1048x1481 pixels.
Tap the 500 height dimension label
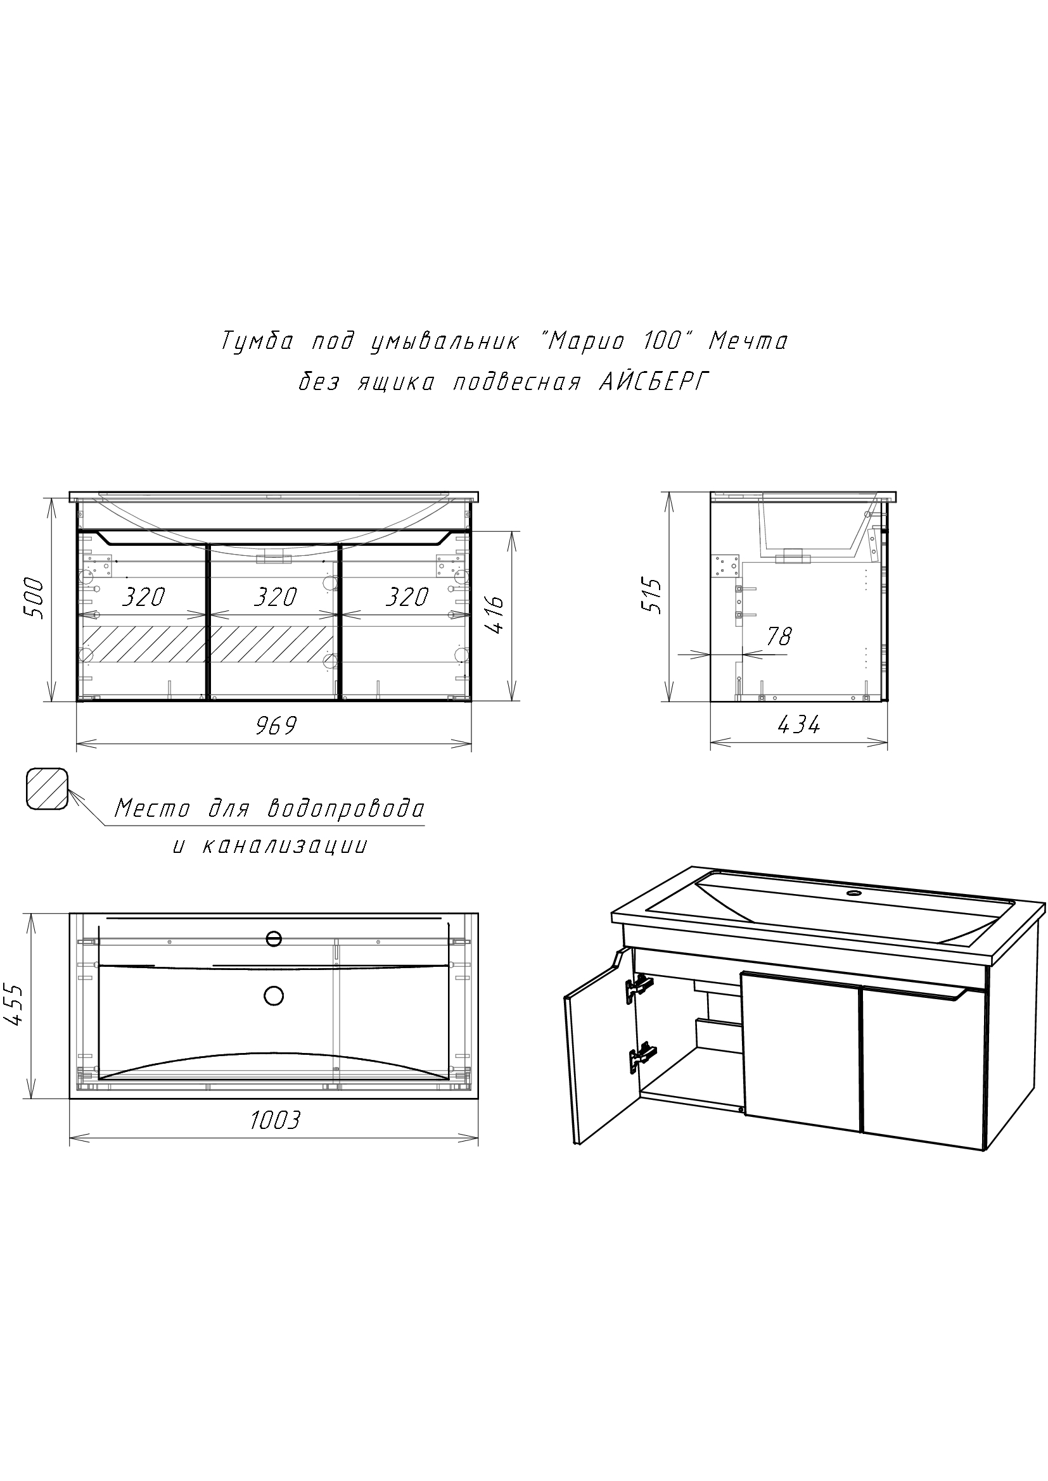33,598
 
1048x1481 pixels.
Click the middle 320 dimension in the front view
274,597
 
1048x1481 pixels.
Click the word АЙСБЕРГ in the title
654,382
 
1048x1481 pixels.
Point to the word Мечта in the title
748,341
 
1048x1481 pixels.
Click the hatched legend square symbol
47,788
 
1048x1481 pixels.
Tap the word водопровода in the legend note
346,808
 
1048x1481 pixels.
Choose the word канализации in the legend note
285,846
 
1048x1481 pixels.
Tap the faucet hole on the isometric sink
853,894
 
